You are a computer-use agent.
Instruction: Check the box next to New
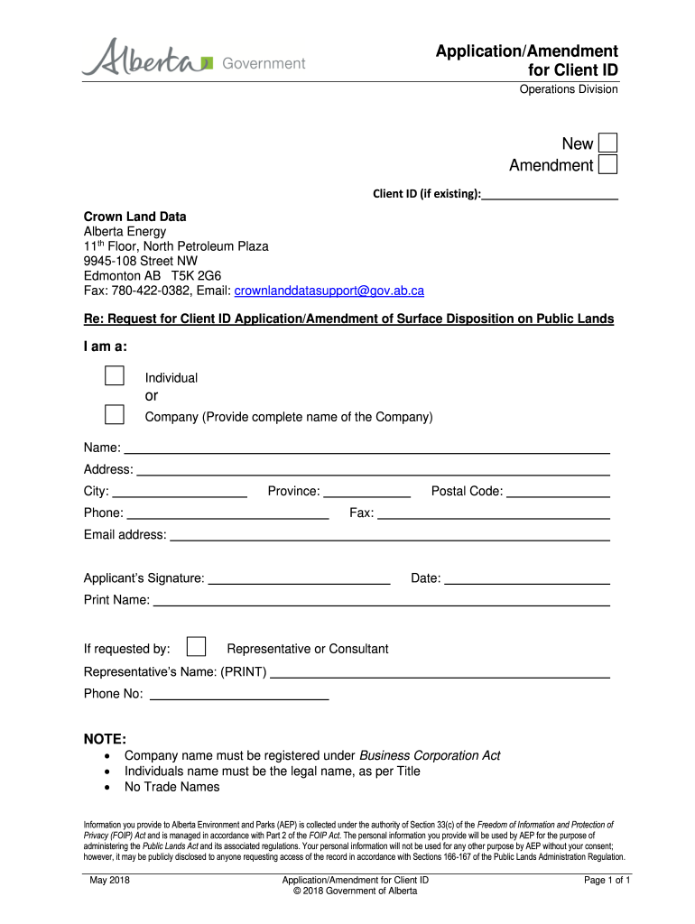608,143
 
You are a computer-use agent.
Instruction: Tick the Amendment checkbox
608,164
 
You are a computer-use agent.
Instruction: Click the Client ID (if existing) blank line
550,192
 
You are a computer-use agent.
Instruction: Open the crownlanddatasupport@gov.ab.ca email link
329,291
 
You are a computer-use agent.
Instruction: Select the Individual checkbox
114,375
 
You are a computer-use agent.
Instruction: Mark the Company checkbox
114,414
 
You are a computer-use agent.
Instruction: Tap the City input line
180,492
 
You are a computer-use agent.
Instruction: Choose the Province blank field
366,492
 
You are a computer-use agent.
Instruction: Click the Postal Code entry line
557,492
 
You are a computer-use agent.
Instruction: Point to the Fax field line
493,513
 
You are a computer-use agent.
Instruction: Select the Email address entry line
390,535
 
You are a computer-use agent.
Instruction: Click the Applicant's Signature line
299,579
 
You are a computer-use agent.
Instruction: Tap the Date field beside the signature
527,579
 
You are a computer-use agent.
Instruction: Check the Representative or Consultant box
196,646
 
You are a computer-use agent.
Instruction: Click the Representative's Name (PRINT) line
440,672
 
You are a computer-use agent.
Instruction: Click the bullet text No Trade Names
171,787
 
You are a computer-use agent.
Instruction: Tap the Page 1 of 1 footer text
607,880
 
